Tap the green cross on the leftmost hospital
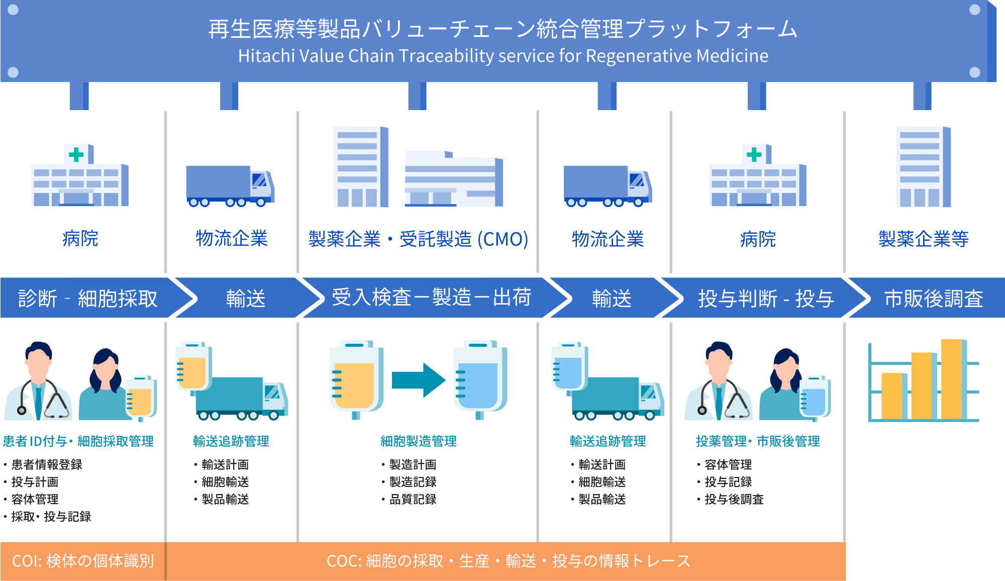coord(76,154)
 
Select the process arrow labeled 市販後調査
coord(933,299)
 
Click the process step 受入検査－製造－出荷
coord(431,298)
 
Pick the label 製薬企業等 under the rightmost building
coord(923,239)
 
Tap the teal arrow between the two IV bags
coord(418,380)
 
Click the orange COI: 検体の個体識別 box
coord(82,561)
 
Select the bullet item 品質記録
coord(412,499)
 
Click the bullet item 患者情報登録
coord(46,464)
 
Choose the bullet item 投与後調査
coord(734,499)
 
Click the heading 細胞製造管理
coord(418,441)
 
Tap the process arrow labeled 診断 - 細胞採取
coord(88,299)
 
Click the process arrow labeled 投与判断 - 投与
coord(765,299)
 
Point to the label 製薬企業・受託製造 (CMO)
coord(418,239)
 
